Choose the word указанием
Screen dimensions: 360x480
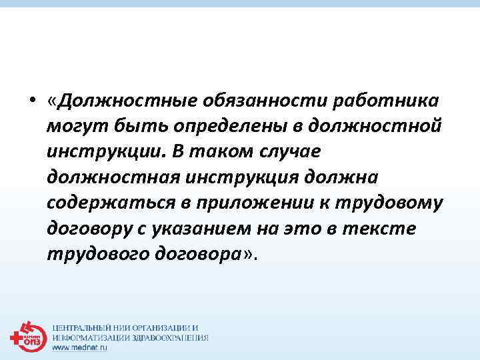pos(201,229)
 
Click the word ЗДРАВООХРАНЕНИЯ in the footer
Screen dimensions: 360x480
pos(170,338)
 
